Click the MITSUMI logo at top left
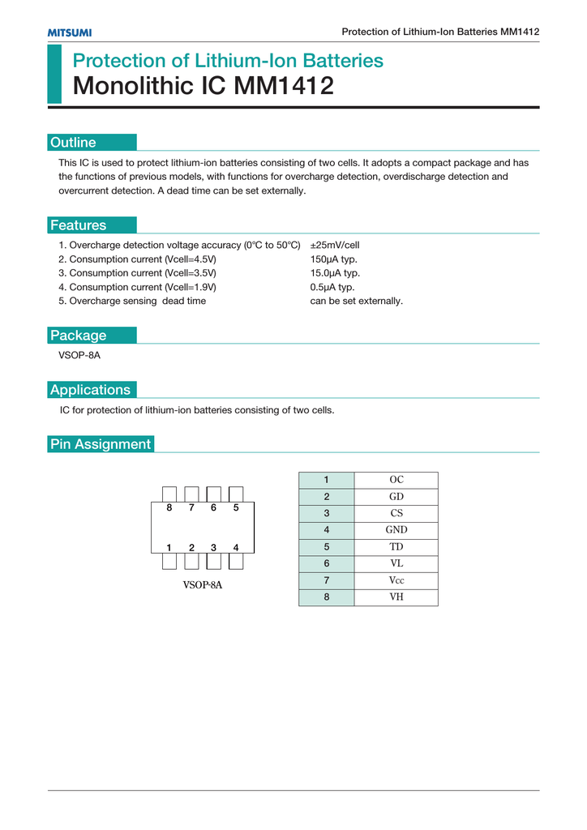(x=70, y=32)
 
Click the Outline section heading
(x=73, y=143)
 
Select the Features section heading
(x=78, y=225)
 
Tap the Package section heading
(x=78, y=336)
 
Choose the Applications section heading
(x=90, y=390)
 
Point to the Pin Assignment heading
(x=101, y=444)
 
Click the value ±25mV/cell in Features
(x=335, y=245)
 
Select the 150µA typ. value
(x=334, y=259)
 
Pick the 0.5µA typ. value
(x=332, y=287)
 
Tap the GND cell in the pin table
(x=396, y=530)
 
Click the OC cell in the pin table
(x=396, y=480)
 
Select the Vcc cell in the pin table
(x=396, y=580)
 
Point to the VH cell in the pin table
(x=396, y=597)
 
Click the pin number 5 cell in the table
(x=326, y=547)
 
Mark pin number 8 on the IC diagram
(x=169, y=508)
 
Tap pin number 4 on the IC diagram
(x=236, y=547)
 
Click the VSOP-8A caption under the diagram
(x=202, y=585)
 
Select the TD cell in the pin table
(x=396, y=547)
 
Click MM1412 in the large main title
(x=284, y=86)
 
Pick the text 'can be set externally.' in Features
(x=357, y=301)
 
